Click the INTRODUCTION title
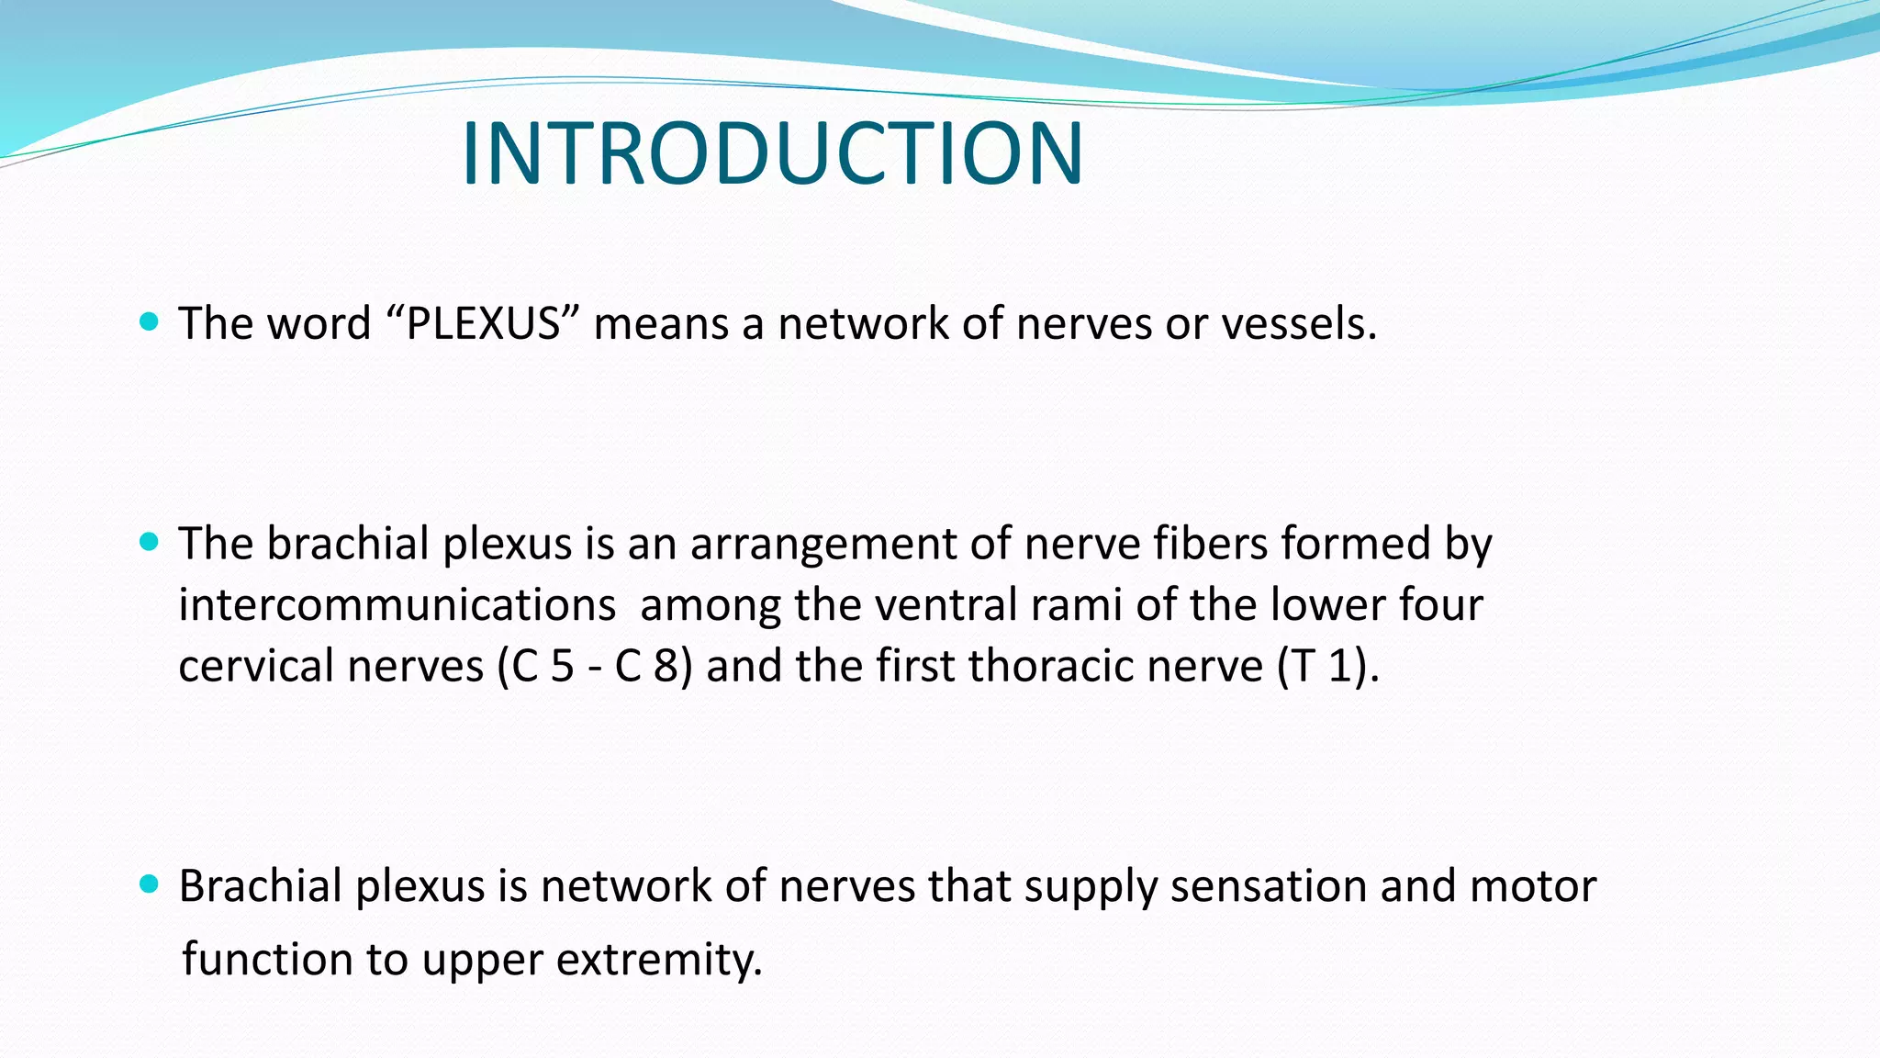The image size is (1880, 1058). coord(772,153)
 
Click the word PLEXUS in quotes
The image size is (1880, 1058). coord(483,324)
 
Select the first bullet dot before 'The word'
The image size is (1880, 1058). coord(149,321)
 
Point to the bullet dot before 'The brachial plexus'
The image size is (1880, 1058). coord(149,542)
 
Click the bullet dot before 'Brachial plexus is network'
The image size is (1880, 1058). coord(149,884)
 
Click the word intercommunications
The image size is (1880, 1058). coord(397,605)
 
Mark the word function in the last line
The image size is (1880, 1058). coord(267,960)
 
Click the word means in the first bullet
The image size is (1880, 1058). coord(661,324)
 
